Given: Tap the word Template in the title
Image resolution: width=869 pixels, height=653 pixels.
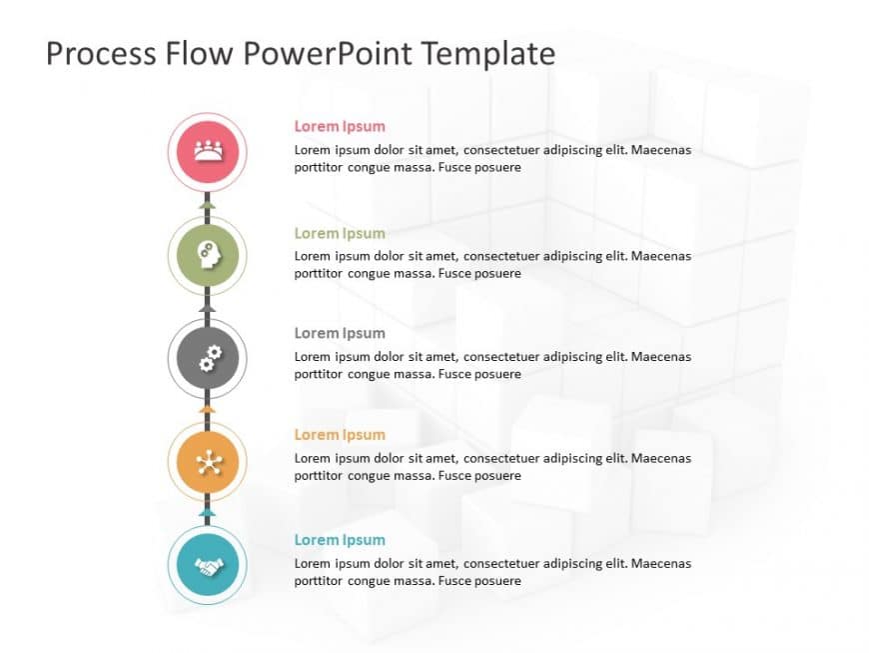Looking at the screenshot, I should [489, 53].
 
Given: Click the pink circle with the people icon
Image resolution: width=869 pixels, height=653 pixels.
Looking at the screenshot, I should [207, 152].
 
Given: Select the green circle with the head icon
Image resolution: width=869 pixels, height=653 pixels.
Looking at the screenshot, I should [207, 256].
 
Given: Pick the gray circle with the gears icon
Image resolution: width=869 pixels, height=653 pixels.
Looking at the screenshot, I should [207, 358].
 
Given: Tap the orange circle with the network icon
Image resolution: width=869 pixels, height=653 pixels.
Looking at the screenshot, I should [207, 462].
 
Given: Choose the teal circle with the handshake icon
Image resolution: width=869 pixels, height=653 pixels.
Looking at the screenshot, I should [207, 566].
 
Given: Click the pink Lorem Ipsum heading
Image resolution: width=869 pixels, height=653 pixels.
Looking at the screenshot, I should [340, 126].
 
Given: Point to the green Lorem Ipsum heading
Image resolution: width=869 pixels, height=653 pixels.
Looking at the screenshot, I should [340, 233].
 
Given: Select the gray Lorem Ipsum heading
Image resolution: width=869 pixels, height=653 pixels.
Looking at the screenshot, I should [340, 333].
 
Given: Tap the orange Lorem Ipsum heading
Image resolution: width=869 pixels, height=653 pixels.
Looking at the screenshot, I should [340, 435].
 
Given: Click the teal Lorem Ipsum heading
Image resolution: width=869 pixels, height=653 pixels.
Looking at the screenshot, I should [340, 540].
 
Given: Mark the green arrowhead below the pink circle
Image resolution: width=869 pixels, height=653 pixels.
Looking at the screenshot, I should [207, 204].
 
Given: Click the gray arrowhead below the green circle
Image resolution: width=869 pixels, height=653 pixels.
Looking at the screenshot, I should [207, 308].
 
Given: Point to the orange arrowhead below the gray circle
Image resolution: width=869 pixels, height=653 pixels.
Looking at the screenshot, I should [207, 409].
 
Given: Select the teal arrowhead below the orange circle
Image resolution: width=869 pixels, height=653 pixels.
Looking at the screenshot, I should [207, 513].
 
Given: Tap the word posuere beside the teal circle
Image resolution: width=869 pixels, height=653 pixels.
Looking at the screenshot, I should [495, 581].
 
